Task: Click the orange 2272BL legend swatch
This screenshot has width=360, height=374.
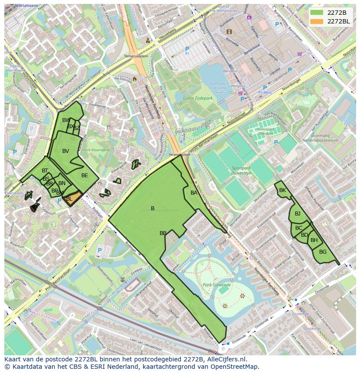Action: (317, 21)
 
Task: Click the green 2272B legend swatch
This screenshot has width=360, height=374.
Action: (317, 13)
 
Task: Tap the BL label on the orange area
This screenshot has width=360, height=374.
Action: (69, 199)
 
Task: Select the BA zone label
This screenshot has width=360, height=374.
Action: (194, 193)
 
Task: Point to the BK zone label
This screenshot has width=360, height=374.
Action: (283, 190)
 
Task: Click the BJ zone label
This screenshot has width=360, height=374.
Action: (297, 213)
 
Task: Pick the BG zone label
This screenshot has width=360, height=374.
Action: (323, 252)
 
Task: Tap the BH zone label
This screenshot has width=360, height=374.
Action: (314, 240)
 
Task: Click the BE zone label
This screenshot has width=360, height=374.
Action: (85, 175)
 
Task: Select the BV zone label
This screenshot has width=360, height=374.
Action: (66, 151)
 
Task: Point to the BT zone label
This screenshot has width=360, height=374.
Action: (45, 171)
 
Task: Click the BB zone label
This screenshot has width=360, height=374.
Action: (163, 233)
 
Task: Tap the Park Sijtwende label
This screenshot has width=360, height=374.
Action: (217, 285)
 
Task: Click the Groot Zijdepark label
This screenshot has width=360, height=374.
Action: (198, 99)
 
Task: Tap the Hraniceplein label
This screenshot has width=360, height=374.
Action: (180, 154)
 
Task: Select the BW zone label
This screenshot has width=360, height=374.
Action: (66, 120)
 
